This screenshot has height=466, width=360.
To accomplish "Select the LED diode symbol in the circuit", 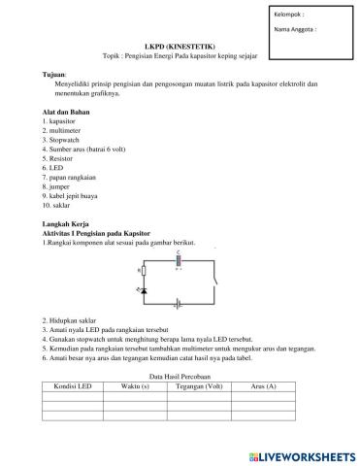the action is [x=145, y=290].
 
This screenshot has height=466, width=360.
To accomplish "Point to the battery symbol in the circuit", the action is [x=179, y=303].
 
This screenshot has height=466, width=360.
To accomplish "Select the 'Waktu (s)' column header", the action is [x=136, y=386].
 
